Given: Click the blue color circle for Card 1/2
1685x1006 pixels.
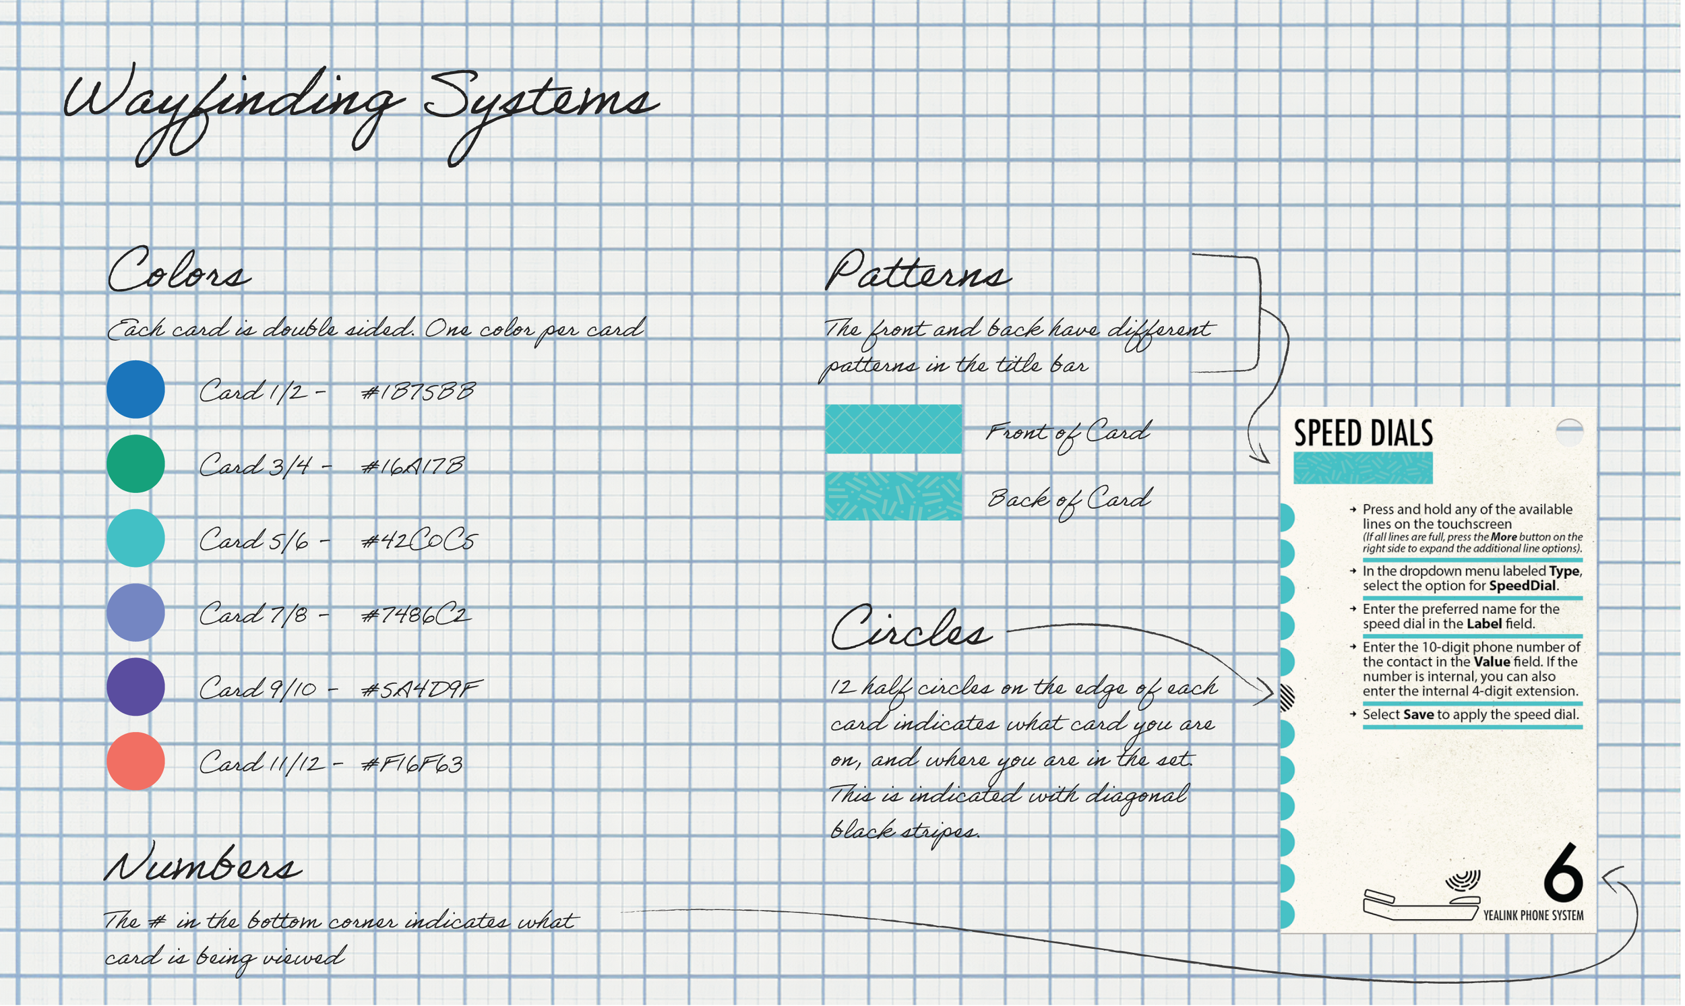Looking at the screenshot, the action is pyautogui.click(x=135, y=389).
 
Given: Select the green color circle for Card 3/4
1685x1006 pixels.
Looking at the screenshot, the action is pyautogui.click(x=135, y=464).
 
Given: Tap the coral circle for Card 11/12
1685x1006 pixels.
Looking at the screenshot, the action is pyautogui.click(x=135, y=761).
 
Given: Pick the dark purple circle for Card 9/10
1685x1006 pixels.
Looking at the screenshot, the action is pyautogui.click(x=135, y=687).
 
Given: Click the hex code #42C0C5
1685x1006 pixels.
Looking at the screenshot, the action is pyautogui.click(x=419, y=540).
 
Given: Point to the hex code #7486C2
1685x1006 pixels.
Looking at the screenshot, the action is pyautogui.click(x=415, y=615).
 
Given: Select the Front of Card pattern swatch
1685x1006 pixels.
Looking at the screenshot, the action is pyautogui.click(x=893, y=429).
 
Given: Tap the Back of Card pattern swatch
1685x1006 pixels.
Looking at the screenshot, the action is pyautogui.click(x=893, y=495).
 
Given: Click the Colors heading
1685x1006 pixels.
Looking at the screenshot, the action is pyautogui.click(x=179, y=270).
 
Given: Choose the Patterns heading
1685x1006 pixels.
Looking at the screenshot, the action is pyautogui.click(x=917, y=271).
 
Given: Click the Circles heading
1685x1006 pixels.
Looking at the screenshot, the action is pyautogui.click(x=910, y=628).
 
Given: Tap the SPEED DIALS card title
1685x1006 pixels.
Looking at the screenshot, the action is pyautogui.click(x=1363, y=433).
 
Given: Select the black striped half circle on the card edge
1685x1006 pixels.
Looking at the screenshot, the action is pyautogui.click(x=1286, y=697).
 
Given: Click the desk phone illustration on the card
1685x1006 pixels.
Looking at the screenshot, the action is pyautogui.click(x=1421, y=898).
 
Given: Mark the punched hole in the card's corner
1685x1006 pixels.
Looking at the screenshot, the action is pyautogui.click(x=1569, y=432).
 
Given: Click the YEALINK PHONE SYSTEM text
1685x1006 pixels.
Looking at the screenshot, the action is pyautogui.click(x=1533, y=915).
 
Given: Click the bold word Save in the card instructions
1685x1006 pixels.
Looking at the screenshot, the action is pyautogui.click(x=1418, y=714).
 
